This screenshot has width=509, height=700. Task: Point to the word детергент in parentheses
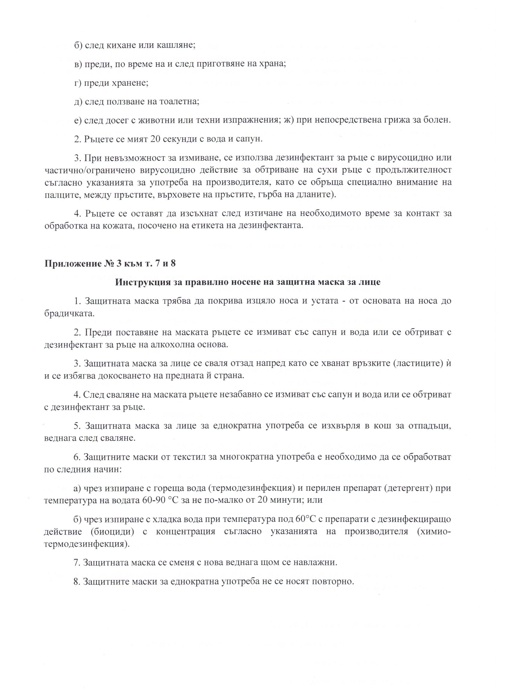(x=408, y=489)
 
